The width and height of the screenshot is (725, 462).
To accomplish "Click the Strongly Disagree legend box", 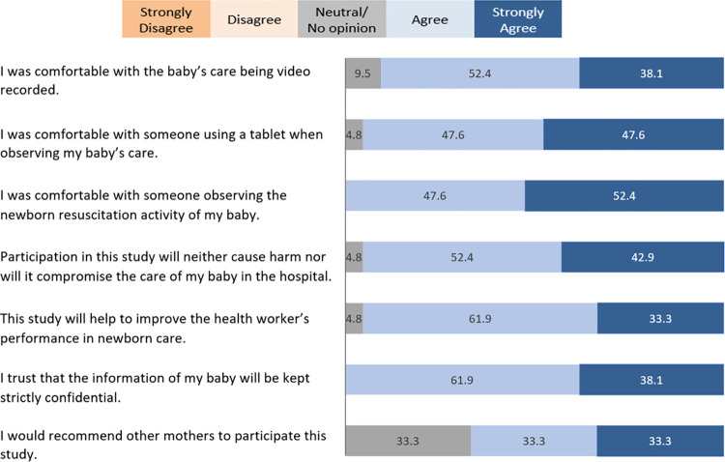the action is click(x=166, y=19).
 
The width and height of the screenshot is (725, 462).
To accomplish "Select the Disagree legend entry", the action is click(x=254, y=19).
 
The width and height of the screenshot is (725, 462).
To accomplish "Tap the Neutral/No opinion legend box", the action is click(x=342, y=19).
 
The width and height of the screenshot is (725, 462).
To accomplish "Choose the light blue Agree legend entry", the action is click(x=430, y=19).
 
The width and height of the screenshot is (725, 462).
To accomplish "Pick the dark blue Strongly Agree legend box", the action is click(x=518, y=19).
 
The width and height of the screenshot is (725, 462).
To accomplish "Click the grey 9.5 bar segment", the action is click(x=363, y=73).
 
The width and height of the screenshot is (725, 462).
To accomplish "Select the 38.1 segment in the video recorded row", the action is click(x=652, y=73).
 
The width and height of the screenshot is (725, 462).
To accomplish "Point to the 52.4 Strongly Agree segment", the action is click(x=624, y=195).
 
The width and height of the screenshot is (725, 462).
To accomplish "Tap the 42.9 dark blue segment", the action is click(x=643, y=257).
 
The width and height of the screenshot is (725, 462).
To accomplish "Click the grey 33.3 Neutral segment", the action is click(x=408, y=441).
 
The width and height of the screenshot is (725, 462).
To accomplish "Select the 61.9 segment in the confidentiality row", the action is click(x=462, y=380).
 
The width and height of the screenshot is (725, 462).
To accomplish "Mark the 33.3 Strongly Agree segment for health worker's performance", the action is click(x=660, y=318).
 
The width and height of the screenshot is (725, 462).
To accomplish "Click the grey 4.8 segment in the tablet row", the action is click(x=354, y=134).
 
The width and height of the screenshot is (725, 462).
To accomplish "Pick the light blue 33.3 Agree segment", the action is click(x=534, y=441).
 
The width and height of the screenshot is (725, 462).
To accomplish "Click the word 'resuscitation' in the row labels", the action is click(x=89, y=215).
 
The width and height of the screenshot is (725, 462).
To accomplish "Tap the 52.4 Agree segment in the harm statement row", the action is click(x=462, y=257).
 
